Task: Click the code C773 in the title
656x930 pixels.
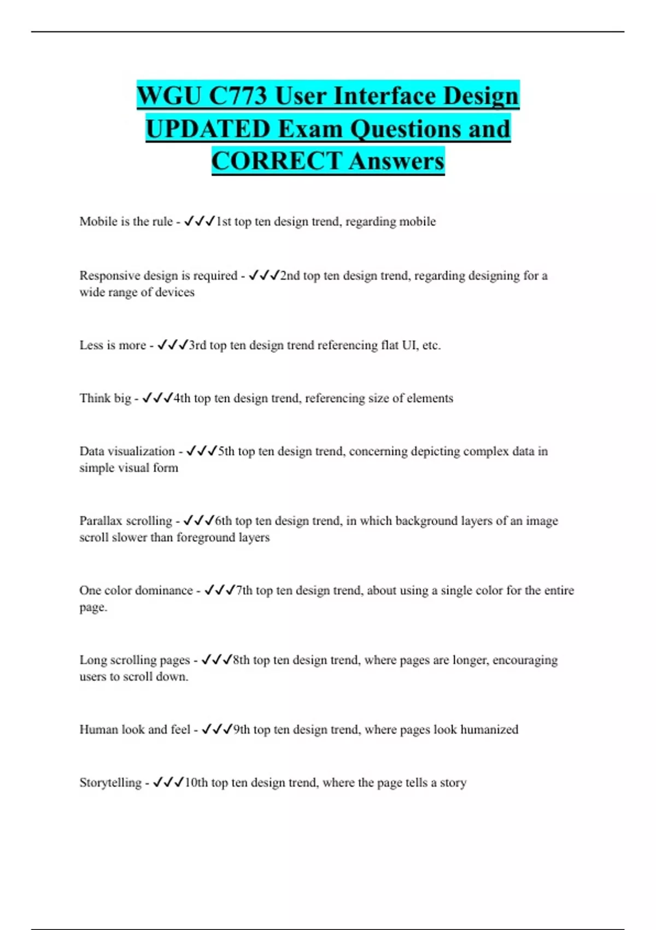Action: coord(238,96)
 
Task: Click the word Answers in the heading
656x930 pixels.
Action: coord(396,161)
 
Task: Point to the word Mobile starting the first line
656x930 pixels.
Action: coord(98,222)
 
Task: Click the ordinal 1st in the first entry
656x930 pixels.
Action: coord(224,222)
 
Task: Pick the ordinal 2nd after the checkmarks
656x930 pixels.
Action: coord(290,276)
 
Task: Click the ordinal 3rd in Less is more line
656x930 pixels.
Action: coord(197,345)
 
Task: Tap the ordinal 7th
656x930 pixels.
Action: coord(244,591)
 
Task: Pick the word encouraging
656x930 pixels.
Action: coord(525,660)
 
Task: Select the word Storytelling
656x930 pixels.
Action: coord(110,783)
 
